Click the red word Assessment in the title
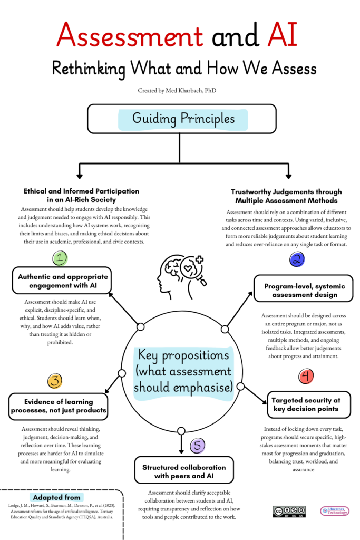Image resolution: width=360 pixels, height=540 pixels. (130, 35)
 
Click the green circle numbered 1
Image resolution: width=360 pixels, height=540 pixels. (61, 258)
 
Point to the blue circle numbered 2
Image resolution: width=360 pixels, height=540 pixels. (297, 259)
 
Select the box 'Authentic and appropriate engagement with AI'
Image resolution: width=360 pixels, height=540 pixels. (63, 281)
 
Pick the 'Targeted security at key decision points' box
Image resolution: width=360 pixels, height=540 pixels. (307, 404)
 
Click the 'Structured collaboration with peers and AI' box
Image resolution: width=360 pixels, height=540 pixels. (184, 471)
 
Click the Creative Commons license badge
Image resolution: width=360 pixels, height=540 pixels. (289, 511)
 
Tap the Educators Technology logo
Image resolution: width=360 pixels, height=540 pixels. (335, 511)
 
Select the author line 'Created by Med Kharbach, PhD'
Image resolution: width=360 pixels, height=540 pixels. (180, 91)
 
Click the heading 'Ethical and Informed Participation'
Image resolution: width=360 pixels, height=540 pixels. (81, 195)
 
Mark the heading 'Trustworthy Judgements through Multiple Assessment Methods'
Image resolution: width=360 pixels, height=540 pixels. (286, 196)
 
